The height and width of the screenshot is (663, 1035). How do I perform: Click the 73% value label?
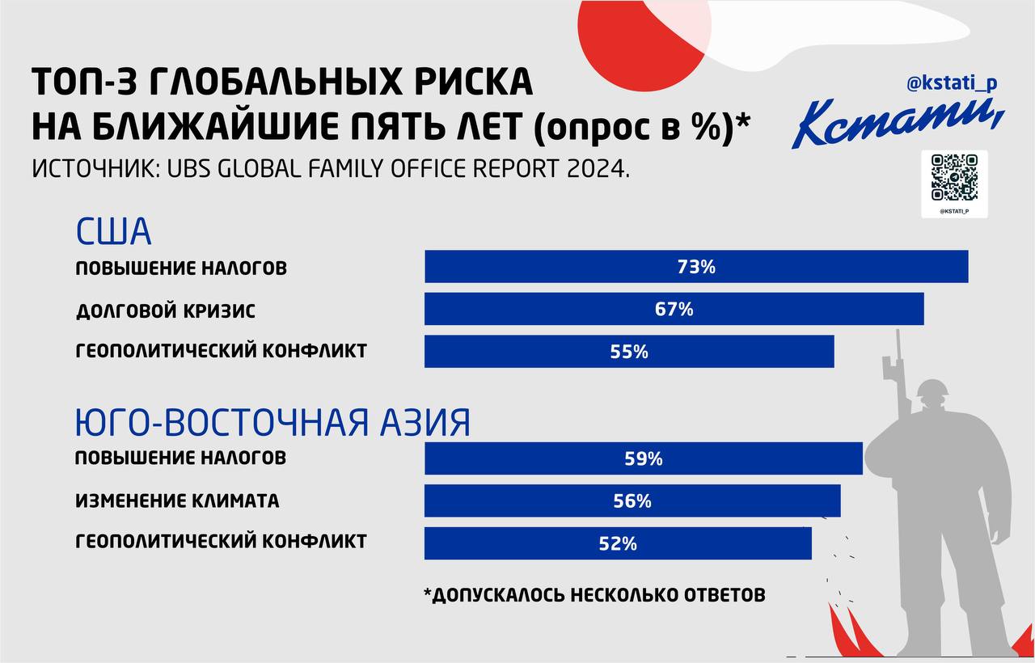coord(696,267)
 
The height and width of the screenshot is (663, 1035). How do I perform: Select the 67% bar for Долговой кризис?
coord(674,309)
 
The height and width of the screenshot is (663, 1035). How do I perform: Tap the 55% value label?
coord(629,352)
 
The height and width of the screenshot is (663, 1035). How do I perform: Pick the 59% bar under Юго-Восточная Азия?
coord(644,458)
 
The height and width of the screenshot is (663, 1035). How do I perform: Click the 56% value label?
coord(632,500)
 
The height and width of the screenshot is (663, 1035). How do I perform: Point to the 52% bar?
coord(618,543)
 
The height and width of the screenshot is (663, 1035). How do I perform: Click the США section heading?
coord(113,231)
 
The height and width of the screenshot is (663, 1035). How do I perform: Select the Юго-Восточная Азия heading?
coord(272,422)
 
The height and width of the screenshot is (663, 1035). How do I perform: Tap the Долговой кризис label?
coord(166,310)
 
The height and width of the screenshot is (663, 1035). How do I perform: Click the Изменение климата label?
coord(177,500)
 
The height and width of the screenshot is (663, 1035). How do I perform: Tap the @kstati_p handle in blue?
coord(952,83)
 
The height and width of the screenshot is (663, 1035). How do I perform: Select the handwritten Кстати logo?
coord(898,122)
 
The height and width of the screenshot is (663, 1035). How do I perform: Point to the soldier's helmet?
coord(932,389)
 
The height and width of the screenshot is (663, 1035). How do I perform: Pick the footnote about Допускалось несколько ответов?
coord(594,594)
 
